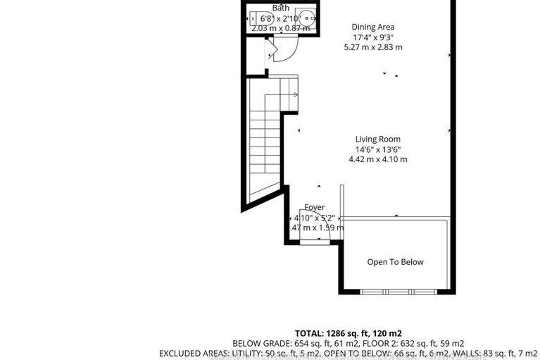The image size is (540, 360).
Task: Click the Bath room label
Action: point(280,8)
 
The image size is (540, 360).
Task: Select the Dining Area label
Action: point(372,27)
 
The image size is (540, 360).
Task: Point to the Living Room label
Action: point(377,139)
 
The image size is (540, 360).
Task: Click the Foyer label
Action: point(314,208)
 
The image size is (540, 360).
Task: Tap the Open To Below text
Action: point(395,262)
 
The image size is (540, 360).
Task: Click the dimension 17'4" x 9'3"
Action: point(372,37)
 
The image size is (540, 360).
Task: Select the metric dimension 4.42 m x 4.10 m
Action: point(377,159)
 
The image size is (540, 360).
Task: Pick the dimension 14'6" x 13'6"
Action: point(377,149)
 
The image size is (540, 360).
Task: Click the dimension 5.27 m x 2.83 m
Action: point(372,47)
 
